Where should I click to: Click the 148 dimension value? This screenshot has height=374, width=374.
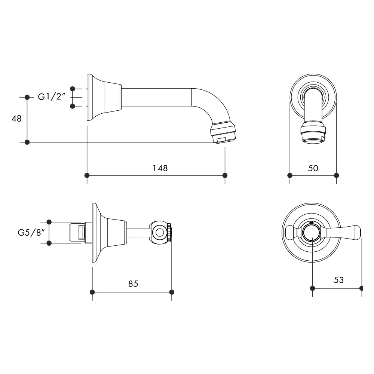tap(160, 168)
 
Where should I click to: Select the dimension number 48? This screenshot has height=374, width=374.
tap(16, 119)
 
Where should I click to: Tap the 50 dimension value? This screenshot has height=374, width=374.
tap(313, 168)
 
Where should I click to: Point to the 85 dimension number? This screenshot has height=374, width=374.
tap(133, 284)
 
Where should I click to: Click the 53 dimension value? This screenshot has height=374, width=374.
tap(338, 280)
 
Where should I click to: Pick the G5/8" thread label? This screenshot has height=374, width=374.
tap(31, 232)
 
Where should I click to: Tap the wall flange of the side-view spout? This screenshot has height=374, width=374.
tap(90, 97)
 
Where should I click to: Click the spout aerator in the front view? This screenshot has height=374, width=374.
tap(313, 135)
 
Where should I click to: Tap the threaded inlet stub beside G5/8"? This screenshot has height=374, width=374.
tap(78, 233)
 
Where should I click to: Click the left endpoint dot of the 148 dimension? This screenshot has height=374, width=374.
tap(87, 175)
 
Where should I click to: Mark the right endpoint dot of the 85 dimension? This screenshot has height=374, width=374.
tap(172, 292)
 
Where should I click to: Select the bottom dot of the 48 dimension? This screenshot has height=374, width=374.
tap(27, 142)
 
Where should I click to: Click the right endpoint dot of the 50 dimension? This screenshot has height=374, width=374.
tap(336, 175)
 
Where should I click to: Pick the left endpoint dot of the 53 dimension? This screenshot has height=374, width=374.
tap(313, 288)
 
